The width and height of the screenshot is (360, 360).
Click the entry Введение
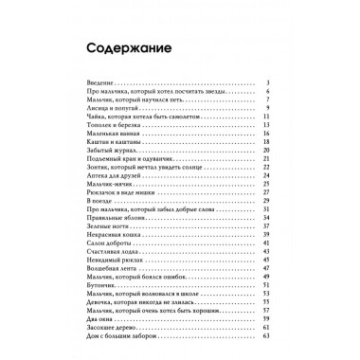click(86, 82)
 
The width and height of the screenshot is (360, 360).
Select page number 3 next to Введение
click(297, 82)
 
